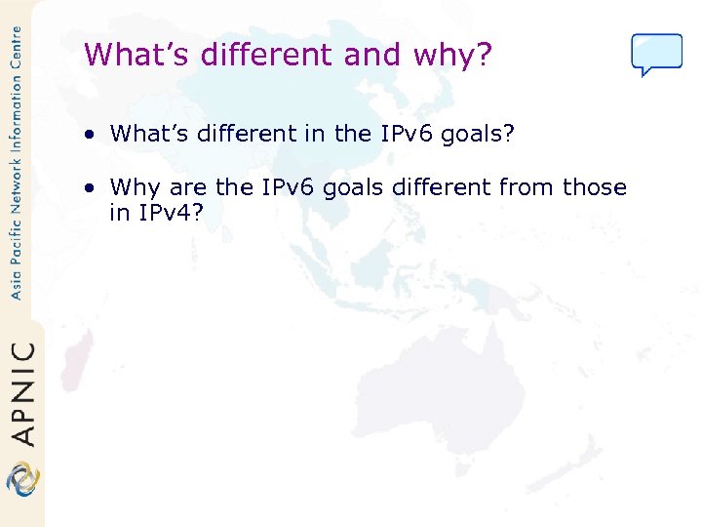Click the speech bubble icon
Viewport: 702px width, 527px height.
(656, 54)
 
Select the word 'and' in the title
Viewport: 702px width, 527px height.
(366, 55)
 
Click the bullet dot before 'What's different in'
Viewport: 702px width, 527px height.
(89, 134)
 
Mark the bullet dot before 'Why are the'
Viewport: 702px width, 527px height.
(89, 187)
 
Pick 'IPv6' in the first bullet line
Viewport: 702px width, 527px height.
(405, 134)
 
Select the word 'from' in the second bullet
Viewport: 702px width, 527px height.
(526, 187)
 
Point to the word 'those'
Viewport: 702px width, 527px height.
(595, 187)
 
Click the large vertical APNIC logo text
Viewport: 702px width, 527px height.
(20, 392)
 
